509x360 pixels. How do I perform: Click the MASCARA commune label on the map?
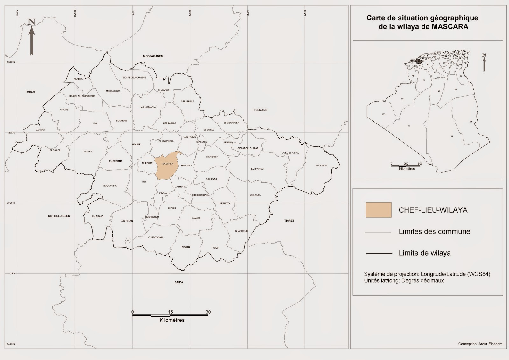pos(168,164)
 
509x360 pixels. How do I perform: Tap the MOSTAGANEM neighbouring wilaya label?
pos(153,56)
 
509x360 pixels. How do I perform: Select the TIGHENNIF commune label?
pos(212,157)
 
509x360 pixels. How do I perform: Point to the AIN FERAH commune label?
pos(322,166)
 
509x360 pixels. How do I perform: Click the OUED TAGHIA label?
pos(156,237)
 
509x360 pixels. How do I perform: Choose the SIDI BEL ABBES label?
pos(59,216)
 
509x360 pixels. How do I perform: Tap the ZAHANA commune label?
pos(40,130)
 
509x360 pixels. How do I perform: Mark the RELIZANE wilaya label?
pos(260,110)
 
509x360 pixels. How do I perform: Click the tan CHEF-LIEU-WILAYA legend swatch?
pos(378,210)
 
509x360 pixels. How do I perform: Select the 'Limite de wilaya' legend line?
pos(379,253)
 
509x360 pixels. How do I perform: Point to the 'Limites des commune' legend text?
pos(434,231)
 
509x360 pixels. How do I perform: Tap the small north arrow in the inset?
pos(484,63)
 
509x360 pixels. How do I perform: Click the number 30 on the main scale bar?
pos(208,312)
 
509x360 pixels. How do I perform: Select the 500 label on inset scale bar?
pos(420,164)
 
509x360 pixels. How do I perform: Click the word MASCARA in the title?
pos(450,27)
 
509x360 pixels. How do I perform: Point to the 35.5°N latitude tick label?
pos(12,133)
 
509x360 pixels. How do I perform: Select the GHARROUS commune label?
pos(241,231)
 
